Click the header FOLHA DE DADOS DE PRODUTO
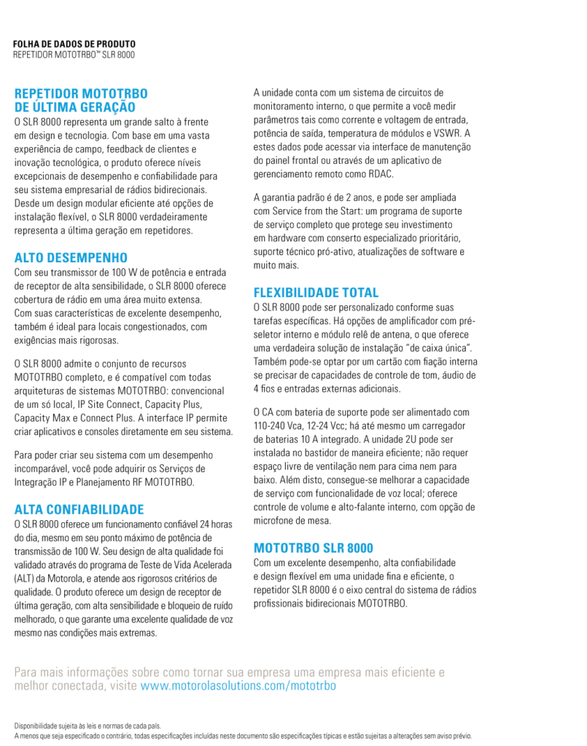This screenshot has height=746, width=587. coord(74,44)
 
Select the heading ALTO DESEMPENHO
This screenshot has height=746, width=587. coord(71,257)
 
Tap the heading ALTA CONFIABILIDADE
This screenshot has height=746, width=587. coord(79,509)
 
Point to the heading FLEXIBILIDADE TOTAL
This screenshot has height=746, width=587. coord(316,293)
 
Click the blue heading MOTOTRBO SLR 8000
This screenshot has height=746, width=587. coord(313,548)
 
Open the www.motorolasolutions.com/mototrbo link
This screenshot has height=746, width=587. coord(238,686)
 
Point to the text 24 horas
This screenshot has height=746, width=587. coord(217,524)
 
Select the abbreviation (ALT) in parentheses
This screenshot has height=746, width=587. coord(26,578)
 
